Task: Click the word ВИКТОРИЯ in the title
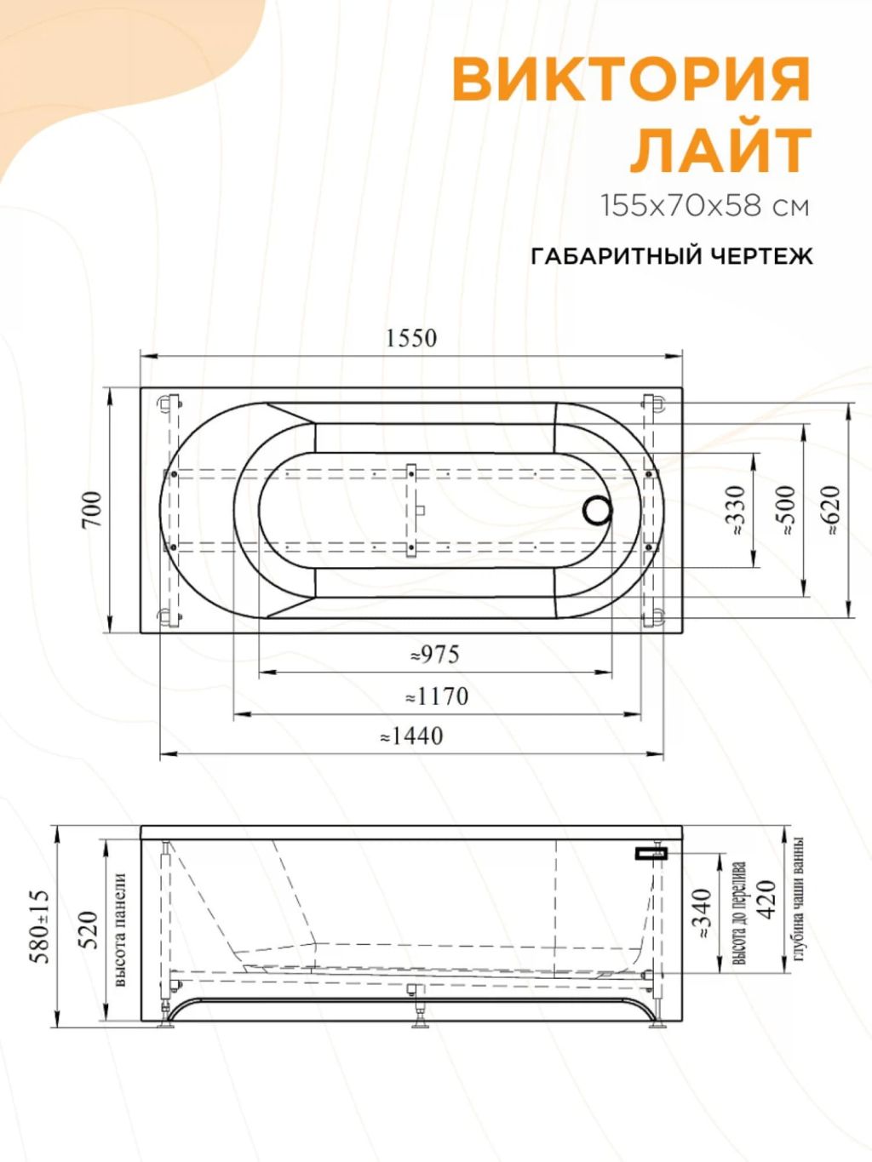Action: [x=631, y=81]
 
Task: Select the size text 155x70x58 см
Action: [x=705, y=206]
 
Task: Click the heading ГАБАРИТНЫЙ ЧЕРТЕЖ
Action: [x=671, y=257]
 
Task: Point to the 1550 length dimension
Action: [x=411, y=339]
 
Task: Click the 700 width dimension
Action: [x=93, y=510]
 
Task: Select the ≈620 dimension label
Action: [x=831, y=511]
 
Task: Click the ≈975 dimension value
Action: [x=435, y=655]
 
